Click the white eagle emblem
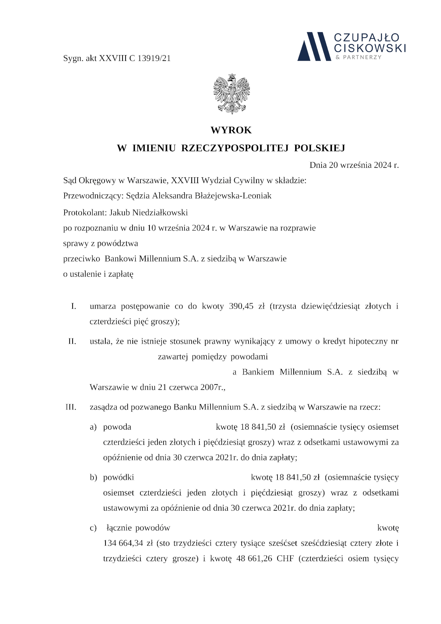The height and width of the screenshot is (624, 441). (x=232, y=94)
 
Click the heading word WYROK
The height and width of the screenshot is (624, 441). (x=231, y=130)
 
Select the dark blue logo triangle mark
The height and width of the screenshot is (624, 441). (x=314, y=46)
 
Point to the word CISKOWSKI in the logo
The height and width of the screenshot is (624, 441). (x=370, y=48)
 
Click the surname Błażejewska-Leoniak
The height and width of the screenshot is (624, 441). (x=233, y=196)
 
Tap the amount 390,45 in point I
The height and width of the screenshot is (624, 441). (x=241, y=306)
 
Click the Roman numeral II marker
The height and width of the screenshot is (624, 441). (x=72, y=341)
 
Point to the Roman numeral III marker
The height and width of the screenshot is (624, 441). (x=71, y=407)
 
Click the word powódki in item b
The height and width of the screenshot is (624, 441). (x=118, y=477)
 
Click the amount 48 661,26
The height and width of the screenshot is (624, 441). (x=252, y=558)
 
